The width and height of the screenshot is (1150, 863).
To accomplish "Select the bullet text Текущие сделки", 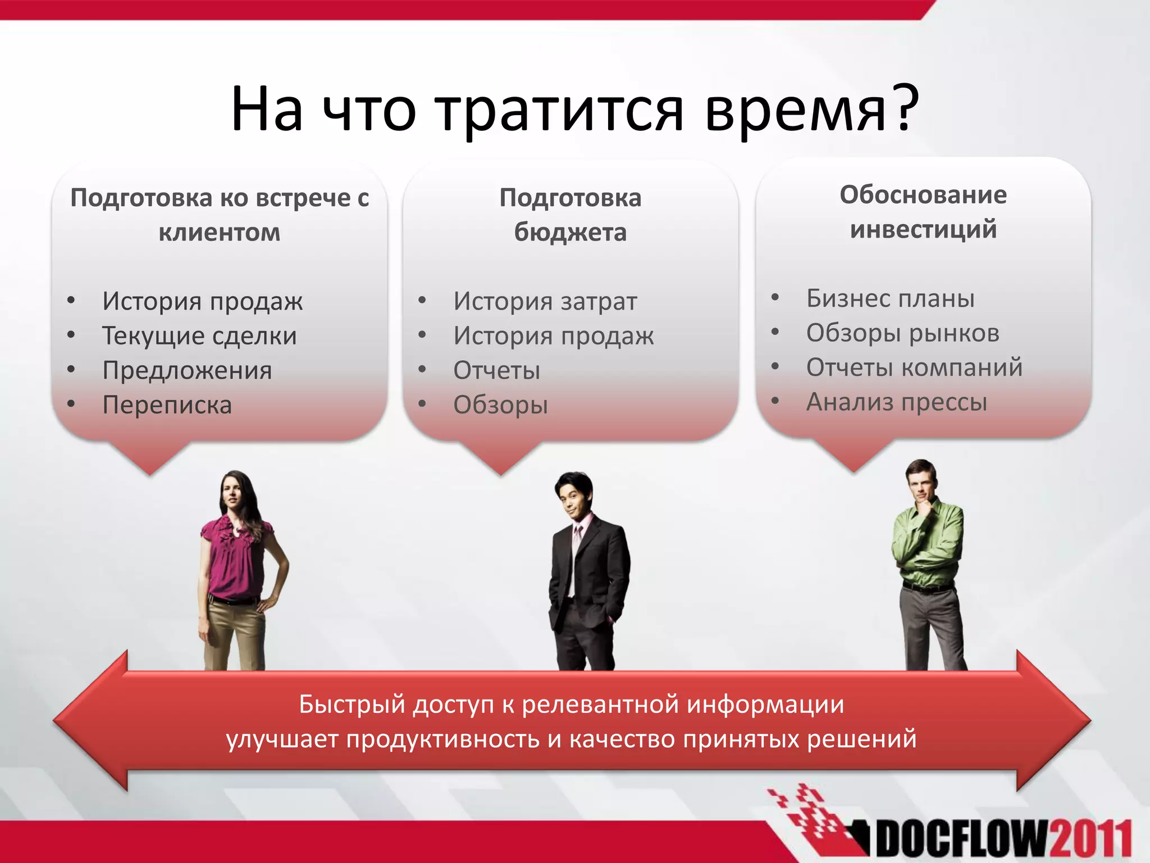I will tap(199, 336).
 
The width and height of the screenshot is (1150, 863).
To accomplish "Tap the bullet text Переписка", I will tap(167, 405).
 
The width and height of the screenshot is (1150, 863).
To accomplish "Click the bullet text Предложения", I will tap(187, 371).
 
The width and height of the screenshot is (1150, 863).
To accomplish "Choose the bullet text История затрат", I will tap(545, 302).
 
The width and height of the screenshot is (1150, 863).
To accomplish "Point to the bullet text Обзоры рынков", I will tap(902, 333).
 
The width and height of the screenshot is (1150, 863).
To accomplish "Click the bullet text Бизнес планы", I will tap(890, 298).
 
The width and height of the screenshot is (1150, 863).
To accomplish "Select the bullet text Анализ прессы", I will tap(896, 402).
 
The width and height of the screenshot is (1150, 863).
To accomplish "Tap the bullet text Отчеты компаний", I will tap(914, 368).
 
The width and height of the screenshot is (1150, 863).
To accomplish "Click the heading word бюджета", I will tap(570, 232).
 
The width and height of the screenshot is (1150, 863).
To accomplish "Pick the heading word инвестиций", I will tap(923, 229).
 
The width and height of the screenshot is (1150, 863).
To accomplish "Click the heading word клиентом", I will tap(219, 232).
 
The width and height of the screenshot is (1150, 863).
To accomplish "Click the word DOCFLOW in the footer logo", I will tap(960, 841).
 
